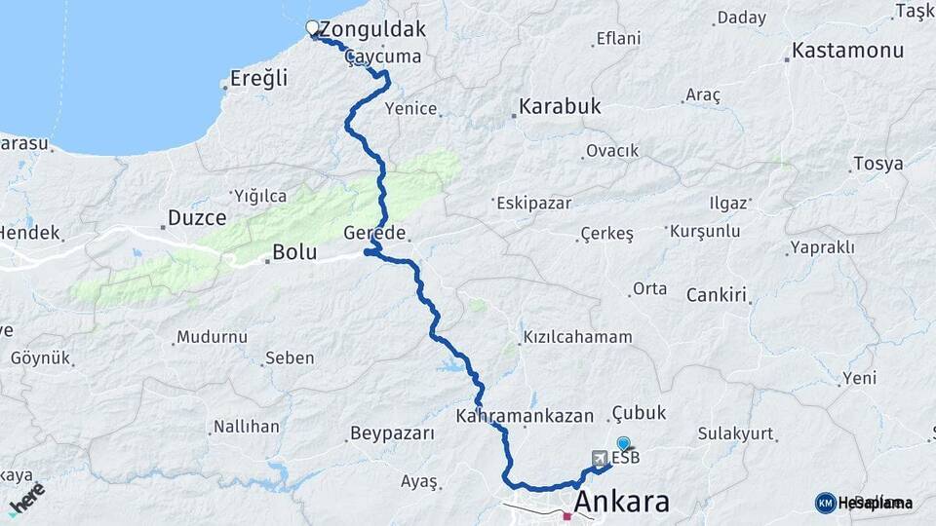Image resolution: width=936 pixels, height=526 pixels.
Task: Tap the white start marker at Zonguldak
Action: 312,27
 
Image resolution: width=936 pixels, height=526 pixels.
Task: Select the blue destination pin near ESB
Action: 624,443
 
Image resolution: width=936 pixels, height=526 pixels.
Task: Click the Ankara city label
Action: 622,503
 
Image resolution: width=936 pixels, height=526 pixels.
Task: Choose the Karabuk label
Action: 560,106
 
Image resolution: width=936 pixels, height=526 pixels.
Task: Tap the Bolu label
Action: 294,252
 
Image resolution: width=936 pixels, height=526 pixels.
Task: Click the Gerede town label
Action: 374,233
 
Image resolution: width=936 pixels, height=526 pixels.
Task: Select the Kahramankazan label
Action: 525,416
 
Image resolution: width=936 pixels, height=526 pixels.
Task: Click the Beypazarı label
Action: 392,433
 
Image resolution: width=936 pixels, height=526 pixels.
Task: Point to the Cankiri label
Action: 716,294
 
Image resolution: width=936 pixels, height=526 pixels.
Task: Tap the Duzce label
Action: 197,218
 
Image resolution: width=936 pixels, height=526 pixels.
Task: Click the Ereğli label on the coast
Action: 258,79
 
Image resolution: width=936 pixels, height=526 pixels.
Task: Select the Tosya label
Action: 877,164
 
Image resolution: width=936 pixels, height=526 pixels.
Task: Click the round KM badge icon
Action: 826,503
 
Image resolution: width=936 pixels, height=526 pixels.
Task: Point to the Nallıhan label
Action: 247,427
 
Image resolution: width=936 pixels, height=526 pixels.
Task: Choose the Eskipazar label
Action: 533,204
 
